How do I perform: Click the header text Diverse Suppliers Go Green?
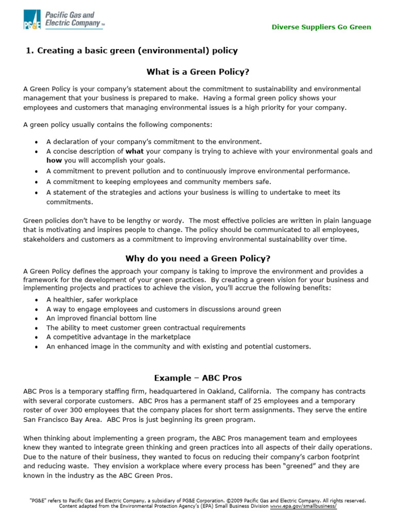point(321,27)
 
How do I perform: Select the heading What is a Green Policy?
point(197,71)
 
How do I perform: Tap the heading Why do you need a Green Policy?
point(197,258)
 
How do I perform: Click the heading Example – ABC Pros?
point(197,377)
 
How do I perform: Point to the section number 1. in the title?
point(30,51)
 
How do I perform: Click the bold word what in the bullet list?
point(135,152)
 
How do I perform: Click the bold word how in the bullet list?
point(54,160)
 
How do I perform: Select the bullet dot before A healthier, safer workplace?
point(36,300)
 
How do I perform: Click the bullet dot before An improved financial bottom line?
point(36,319)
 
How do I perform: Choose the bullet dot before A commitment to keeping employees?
point(36,182)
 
